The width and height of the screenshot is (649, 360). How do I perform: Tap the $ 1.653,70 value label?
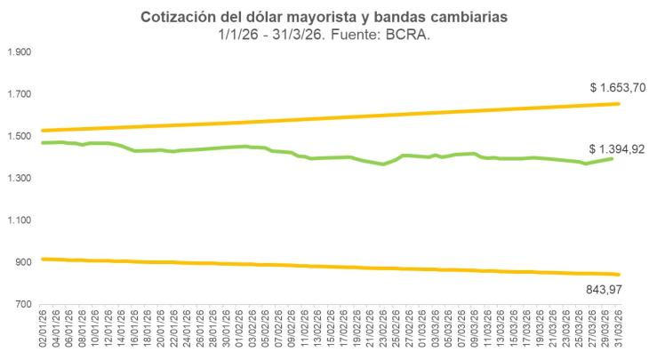(617, 88)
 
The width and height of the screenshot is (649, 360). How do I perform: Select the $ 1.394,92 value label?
(617, 149)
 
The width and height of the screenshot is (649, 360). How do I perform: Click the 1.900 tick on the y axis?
(20, 52)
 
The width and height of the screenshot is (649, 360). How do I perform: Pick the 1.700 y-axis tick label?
(20, 94)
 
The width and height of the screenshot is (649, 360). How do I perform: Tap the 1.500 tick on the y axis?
(20, 137)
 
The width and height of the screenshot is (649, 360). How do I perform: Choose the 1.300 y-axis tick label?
(20, 179)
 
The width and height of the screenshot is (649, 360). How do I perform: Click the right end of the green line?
(613, 157)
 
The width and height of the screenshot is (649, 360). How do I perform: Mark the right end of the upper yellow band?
(618, 104)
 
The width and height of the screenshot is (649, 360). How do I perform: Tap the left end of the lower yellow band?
(43, 259)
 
